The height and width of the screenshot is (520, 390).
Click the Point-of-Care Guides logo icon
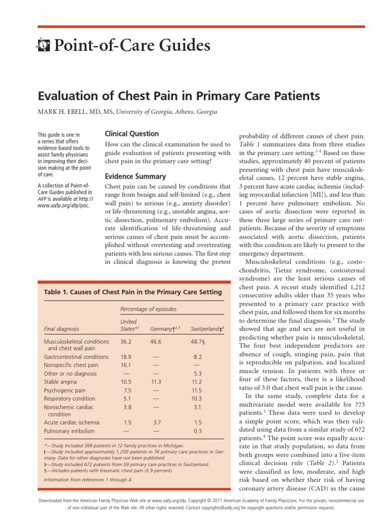[45, 46]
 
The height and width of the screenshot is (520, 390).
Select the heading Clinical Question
[132, 134]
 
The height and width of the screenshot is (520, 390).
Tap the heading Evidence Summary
[135, 177]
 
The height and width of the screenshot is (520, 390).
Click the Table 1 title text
[133, 292]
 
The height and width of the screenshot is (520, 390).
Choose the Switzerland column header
[207, 329]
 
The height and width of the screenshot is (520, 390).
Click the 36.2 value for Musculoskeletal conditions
[125, 342]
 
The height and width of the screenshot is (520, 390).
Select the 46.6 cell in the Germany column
[156, 342]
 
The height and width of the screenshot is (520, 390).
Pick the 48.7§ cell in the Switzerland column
[199, 342]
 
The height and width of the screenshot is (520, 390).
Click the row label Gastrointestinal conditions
[76, 357]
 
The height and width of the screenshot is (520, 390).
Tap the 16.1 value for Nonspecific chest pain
[125, 365]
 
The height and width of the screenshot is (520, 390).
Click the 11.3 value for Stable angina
[156, 382]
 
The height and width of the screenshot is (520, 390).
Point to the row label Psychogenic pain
[64, 391]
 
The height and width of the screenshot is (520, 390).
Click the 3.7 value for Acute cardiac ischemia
[156, 422]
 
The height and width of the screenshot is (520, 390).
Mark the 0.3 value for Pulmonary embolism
[198, 431]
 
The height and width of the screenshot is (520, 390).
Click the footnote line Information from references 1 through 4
[88, 479]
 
